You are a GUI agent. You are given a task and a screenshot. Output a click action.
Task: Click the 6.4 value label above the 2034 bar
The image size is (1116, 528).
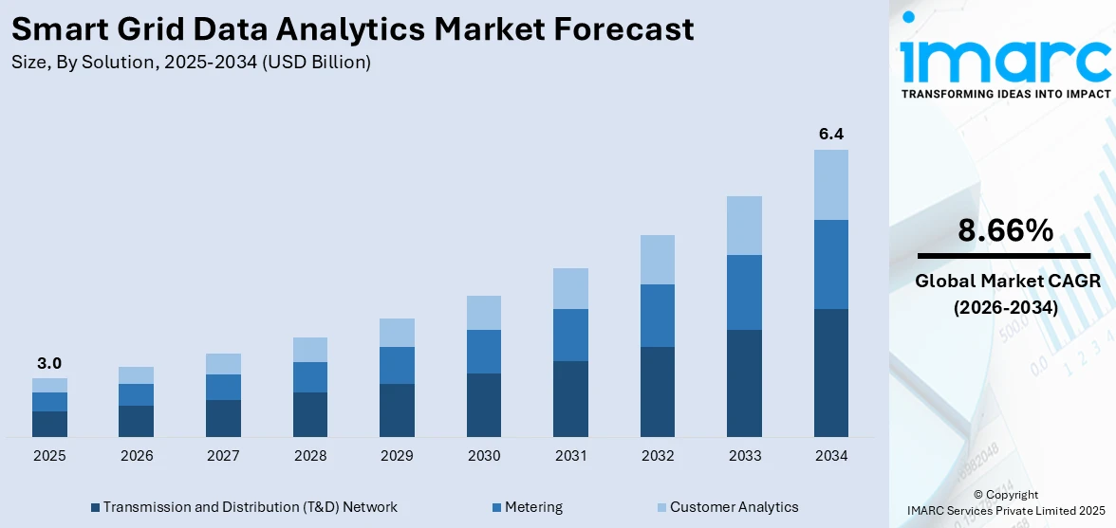[x=831, y=135]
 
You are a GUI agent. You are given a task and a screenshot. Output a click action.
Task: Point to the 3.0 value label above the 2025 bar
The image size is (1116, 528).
[x=49, y=363]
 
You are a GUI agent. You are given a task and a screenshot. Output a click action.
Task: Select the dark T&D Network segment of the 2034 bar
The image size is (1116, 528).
[x=831, y=373]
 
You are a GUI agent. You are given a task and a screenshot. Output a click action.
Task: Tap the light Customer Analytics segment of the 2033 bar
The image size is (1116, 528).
[x=744, y=226]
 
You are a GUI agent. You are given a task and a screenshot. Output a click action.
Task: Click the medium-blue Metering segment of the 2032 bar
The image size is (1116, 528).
[x=658, y=316]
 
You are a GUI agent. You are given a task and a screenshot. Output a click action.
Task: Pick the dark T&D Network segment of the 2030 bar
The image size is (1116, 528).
[x=484, y=405]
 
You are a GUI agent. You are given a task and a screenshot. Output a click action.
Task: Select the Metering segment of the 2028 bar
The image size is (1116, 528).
[x=310, y=377]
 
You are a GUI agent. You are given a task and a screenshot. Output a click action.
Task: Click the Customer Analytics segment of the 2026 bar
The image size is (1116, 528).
[x=137, y=375]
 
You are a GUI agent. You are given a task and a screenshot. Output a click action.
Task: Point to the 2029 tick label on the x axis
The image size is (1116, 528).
[x=397, y=456]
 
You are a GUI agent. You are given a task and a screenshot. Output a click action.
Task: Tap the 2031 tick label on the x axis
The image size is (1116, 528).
[x=570, y=456]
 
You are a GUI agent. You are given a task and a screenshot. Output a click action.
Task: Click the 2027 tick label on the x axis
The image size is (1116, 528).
[x=223, y=456]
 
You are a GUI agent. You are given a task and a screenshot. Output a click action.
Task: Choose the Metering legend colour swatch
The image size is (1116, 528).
[x=497, y=508]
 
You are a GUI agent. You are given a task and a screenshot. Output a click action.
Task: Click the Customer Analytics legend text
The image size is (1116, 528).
[x=734, y=507]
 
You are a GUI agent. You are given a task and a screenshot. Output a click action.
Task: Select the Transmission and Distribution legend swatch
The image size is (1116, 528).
[x=95, y=508]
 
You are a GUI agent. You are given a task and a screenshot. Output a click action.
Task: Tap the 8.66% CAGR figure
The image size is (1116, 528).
[x=1005, y=230]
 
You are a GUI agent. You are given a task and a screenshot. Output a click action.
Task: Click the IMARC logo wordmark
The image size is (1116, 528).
[x=1005, y=59]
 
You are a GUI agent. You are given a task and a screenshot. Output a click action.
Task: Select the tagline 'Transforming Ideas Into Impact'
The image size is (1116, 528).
[x=1005, y=94]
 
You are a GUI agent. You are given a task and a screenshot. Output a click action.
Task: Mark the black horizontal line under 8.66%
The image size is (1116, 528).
[x=1004, y=256]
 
